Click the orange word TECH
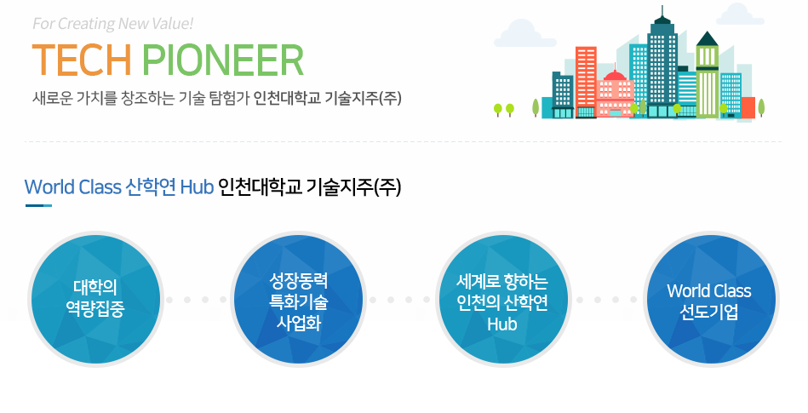(x=82, y=60)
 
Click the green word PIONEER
(x=222, y=60)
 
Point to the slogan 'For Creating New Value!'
(x=113, y=24)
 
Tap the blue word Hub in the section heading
(x=197, y=186)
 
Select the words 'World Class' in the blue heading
(x=72, y=186)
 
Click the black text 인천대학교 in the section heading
(x=260, y=186)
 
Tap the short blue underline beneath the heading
(x=38, y=206)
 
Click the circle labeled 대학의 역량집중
(x=95, y=299)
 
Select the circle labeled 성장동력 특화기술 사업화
(x=298, y=299)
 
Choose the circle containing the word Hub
(x=502, y=299)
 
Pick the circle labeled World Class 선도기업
(x=711, y=299)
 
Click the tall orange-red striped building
(x=586, y=82)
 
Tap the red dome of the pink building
(x=615, y=76)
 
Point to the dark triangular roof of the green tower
(x=707, y=39)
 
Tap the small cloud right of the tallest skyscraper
(x=740, y=14)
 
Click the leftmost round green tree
(x=498, y=110)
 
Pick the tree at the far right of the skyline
(x=761, y=108)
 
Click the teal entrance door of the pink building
(x=616, y=113)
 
